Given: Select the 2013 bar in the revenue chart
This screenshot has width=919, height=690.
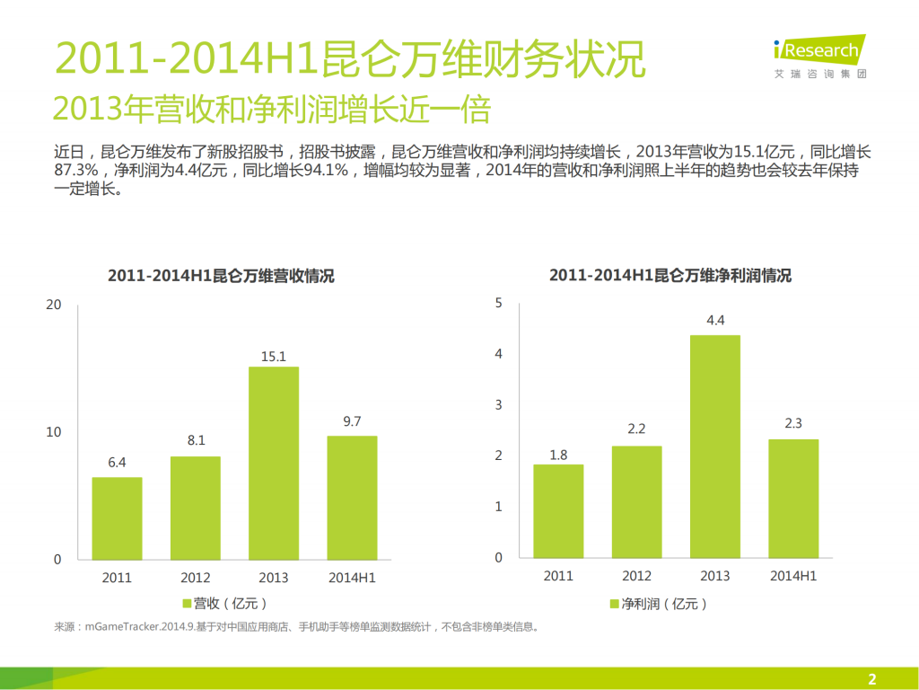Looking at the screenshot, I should (x=273, y=463).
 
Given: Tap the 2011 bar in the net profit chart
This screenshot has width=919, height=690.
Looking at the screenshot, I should (x=558, y=511).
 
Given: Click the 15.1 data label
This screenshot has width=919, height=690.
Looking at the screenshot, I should (x=273, y=357).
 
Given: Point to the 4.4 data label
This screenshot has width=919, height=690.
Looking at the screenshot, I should (x=715, y=321).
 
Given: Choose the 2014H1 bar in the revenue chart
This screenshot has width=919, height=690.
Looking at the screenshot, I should (x=352, y=497).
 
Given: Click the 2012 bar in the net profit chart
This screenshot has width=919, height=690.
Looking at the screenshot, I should (x=636, y=501).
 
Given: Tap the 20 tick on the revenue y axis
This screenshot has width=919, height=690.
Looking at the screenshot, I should (x=54, y=305).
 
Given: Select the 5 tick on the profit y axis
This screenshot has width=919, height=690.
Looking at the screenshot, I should (x=498, y=304).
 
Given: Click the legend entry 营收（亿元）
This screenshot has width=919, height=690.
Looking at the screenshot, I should (x=224, y=603).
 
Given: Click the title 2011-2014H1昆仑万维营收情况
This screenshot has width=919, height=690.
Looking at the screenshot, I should (x=221, y=276).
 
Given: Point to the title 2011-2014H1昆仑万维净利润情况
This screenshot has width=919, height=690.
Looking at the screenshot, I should (x=670, y=276).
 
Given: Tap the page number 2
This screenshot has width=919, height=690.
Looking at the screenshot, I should (x=871, y=678).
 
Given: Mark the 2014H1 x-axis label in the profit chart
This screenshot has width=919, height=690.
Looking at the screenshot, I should (x=793, y=576).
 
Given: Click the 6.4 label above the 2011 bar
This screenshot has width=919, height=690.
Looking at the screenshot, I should (x=117, y=463).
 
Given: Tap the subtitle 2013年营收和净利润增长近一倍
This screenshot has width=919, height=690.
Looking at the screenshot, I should (x=272, y=109).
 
